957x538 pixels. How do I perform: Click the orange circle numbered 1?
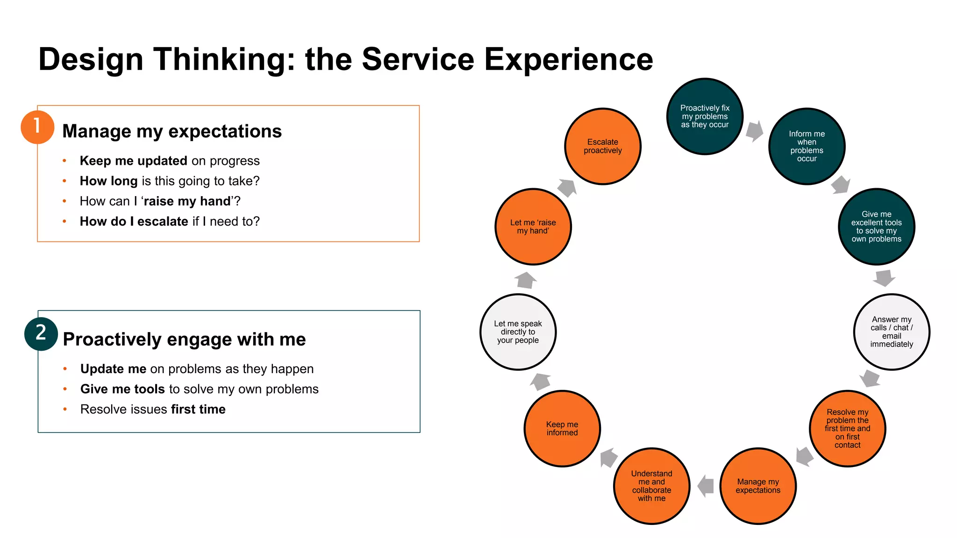37,127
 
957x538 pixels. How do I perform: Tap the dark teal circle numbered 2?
41,333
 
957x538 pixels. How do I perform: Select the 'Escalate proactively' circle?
602,146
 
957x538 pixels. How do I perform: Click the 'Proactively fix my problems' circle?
705,116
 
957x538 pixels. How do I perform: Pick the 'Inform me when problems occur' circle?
807,146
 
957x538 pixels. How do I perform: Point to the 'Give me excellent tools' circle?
876,227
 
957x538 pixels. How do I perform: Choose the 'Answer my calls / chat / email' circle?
891,332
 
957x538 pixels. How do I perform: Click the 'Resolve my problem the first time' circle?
847,428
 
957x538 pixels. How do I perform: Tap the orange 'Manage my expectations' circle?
758,486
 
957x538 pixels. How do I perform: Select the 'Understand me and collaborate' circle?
651,486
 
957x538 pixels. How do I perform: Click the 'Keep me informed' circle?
562,428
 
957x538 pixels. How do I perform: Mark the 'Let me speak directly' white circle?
518,332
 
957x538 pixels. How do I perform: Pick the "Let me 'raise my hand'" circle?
533,227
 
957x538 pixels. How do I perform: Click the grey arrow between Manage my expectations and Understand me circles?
706,486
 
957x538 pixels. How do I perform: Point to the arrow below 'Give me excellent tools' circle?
884,278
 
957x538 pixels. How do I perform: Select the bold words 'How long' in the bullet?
108,181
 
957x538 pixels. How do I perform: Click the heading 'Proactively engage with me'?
184,340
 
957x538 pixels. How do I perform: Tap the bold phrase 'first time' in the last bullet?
198,409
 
